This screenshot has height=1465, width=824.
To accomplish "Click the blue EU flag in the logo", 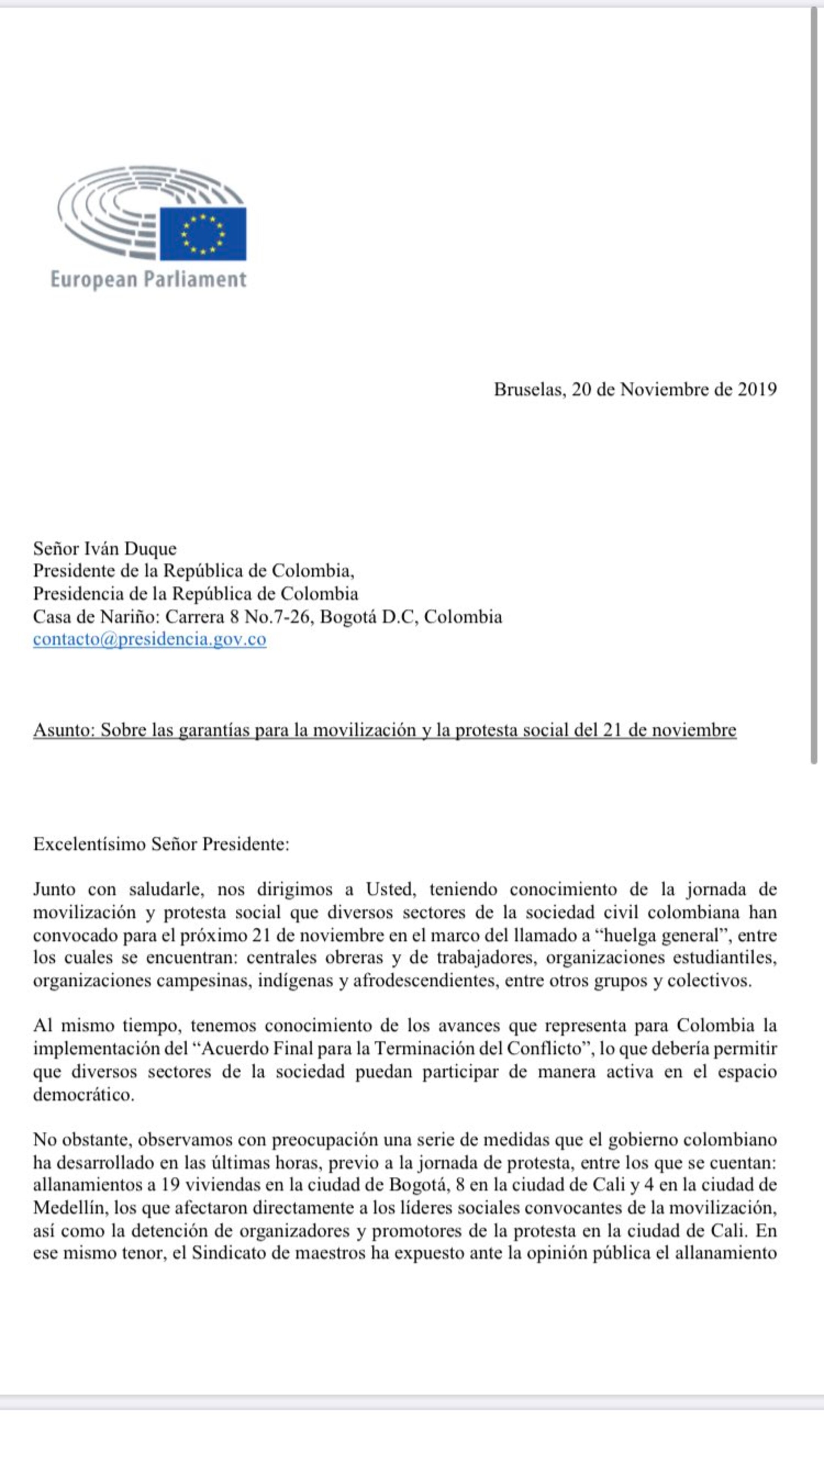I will pos(203,233).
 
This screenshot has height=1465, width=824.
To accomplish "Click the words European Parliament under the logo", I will pos(149,279).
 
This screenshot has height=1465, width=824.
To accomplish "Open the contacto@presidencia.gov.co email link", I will pos(149,639).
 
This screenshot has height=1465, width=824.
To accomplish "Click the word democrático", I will pos(84,1094).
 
